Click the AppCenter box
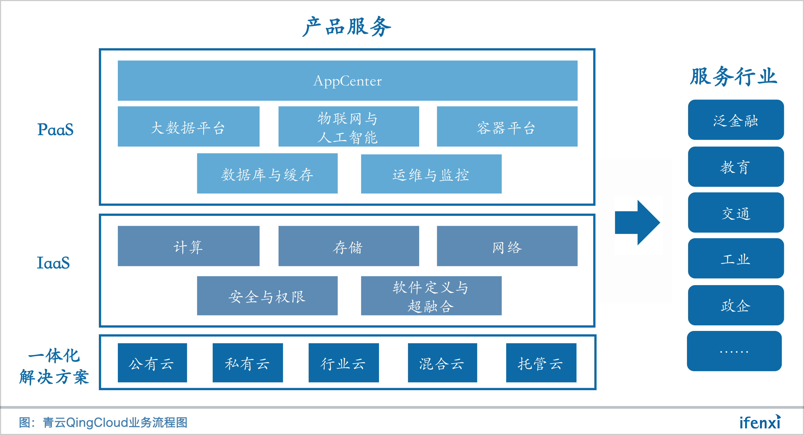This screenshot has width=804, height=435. coord(347,81)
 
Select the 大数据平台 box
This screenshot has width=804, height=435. coord(189,127)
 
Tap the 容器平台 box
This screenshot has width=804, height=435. coord(507,127)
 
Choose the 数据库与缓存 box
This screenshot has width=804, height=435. coord(267,174)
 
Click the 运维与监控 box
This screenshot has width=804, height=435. coord(431,174)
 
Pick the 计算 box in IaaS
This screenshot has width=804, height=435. coord(189,246)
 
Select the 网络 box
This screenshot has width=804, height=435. coord(507,246)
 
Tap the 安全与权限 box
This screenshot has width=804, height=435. coord(267,296)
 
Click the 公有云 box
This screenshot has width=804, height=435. coord(152,363)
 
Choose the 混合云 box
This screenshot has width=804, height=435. coord(442,363)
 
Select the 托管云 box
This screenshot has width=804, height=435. coord(541,363)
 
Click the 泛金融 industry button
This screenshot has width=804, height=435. coord(736,120)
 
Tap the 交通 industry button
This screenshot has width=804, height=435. coord(736,213)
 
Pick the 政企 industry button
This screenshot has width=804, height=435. coord(736,305)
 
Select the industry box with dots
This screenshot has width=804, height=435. coord(734,351)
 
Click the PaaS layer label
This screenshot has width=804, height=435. coord(55,129)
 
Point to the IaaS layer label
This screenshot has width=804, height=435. coord(53,263)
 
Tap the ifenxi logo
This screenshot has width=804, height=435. coord(760,422)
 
